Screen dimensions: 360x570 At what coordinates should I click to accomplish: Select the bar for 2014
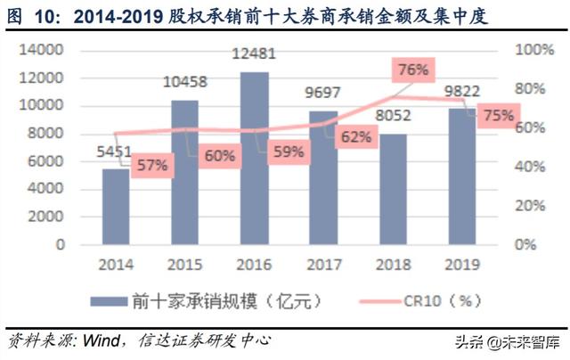pyautogui.click(x=115, y=206)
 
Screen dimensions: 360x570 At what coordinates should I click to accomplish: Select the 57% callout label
pyautogui.click(x=152, y=166)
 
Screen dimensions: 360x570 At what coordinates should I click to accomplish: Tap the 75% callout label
pyautogui.click(x=497, y=116)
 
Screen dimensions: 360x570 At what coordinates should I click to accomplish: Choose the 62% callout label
pyautogui.click(x=354, y=136)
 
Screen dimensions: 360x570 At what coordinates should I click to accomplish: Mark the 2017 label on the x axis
pyautogui.click(x=323, y=265)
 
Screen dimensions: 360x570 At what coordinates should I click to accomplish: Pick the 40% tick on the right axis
pyautogui.click(x=538, y=167)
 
